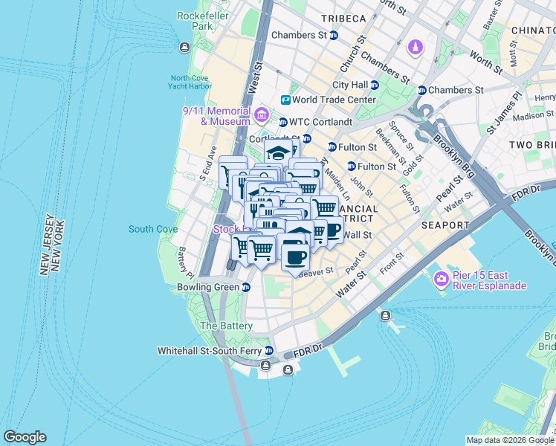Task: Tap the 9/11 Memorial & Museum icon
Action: tap(261, 114)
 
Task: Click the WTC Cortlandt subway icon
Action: tap(282, 122)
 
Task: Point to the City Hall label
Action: tap(351, 85)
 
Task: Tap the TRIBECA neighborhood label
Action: tap(343, 18)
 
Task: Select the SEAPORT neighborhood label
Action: tap(445, 225)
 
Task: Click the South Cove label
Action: tap(152, 229)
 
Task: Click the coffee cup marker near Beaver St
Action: tap(295, 257)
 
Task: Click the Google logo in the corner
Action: tap(25, 437)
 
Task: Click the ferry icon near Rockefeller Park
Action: tap(184, 48)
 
